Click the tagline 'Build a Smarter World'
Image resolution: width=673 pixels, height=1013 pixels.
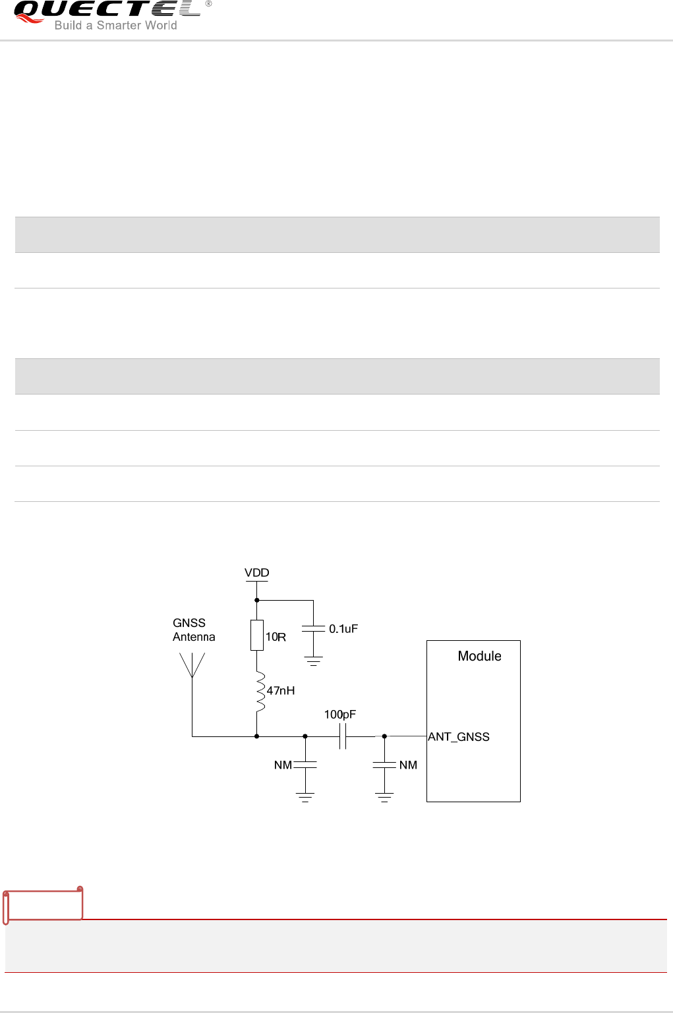tap(115, 26)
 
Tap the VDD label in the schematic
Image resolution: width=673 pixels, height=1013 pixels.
tap(257, 573)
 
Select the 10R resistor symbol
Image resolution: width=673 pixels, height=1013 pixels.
tap(257, 635)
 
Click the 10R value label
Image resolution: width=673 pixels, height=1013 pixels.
tap(276, 638)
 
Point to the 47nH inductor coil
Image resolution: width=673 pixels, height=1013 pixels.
tap(260, 692)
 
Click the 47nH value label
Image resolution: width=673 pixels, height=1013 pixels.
tap(281, 691)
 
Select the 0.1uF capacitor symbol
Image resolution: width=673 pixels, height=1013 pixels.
tap(313, 629)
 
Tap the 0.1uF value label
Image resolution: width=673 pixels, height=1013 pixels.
tap(343, 629)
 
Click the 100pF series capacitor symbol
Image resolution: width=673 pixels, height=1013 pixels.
tap(343, 736)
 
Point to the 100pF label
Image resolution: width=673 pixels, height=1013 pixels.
tap(340, 715)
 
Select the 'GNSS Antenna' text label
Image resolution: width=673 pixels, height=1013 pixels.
tap(194, 630)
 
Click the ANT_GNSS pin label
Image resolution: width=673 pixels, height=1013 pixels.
tap(459, 737)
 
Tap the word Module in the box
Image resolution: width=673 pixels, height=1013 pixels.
tap(479, 656)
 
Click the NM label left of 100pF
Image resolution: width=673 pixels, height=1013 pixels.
tap(283, 765)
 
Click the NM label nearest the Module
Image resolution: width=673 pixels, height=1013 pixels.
tap(408, 765)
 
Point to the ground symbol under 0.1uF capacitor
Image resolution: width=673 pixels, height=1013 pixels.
tap(313, 661)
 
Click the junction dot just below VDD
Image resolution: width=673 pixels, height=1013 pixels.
tap(257, 600)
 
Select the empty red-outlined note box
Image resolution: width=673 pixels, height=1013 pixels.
tap(44, 905)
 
